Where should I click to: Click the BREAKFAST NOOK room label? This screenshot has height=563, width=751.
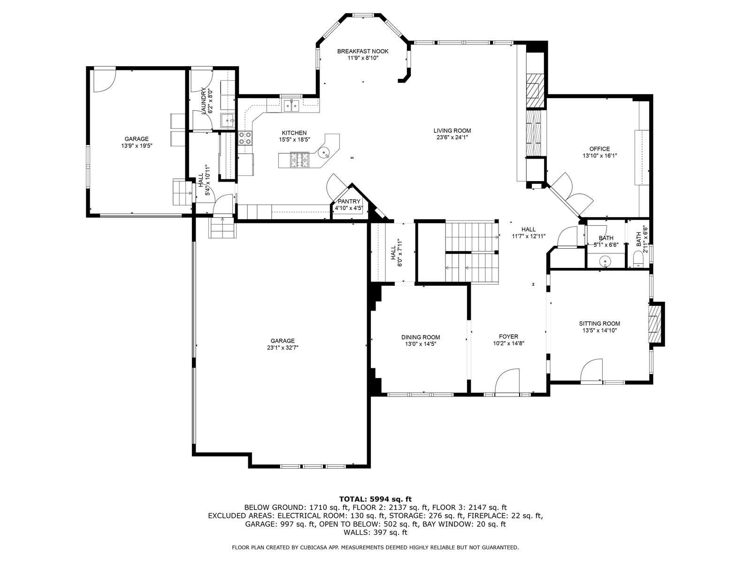[x=363, y=51]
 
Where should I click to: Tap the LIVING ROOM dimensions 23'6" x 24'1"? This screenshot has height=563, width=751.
[x=452, y=137]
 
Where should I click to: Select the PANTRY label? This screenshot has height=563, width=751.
[x=349, y=201]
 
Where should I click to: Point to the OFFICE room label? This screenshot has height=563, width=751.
[x=599, y=149]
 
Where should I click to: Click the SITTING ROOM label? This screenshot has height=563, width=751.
[x=599, y=323]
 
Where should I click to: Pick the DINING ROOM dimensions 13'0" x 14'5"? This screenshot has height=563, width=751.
[x=421, y=344]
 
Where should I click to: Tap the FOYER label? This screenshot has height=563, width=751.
[x=508, y=336]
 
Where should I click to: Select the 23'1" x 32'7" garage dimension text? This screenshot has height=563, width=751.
[x=282, y=347]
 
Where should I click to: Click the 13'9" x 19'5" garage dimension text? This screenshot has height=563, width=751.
[x=137, y=145]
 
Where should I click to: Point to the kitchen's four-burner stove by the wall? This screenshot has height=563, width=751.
[x=245, y=138]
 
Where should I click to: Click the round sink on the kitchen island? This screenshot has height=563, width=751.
[x=324, y=152]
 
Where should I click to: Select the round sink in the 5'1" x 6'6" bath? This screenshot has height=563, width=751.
[x=605, y=262]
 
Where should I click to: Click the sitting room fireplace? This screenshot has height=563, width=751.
[x=656, y=324]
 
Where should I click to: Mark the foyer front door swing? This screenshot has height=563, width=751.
[x=507, y=381]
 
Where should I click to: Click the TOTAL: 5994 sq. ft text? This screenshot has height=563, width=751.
[x=375, y=499]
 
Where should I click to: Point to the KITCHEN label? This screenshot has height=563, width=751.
[x=294, y=133]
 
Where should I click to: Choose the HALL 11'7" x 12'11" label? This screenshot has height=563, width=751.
[x=529, y=233]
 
